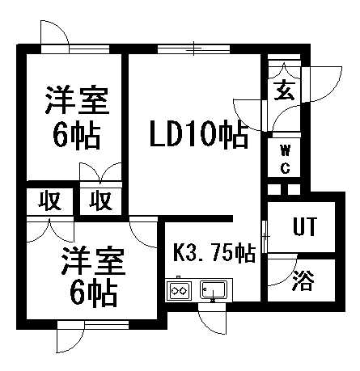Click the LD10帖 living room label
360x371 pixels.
tap(199, 133)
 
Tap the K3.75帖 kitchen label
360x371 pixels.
tap(214, 253)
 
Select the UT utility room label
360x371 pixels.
tap(304, 226)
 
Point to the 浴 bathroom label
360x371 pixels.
tap(303, 280)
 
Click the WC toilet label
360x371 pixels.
tap(285, 159)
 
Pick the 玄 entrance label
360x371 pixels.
tap(284, 91)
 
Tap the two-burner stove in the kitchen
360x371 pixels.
tap(180, 291)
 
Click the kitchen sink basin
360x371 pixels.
tap(214, 289)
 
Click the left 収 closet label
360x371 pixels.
tap(50, 200)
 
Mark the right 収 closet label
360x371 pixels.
tap(100, 200)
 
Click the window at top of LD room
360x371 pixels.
tap(193, 49)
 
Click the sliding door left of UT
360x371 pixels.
tap(265, 237)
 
